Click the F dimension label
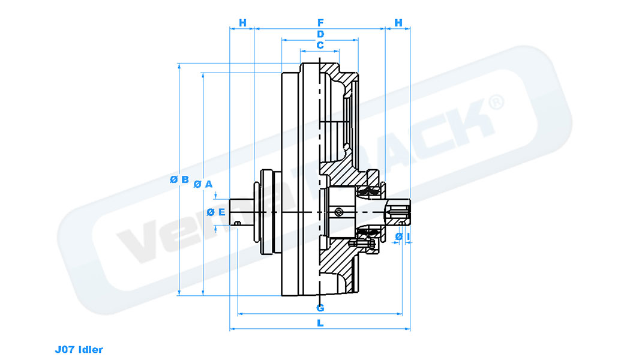tap(320, 23)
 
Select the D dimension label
tap(320, 34)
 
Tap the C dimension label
tap(320, 45)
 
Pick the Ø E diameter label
tap(215, 212)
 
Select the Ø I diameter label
tap(403, 238)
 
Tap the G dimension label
tap(320, 308)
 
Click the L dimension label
tap(320, 323)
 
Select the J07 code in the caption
tap(63, 349)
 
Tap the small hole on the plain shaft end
tap(238, 224)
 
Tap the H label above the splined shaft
tap(398, 23)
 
